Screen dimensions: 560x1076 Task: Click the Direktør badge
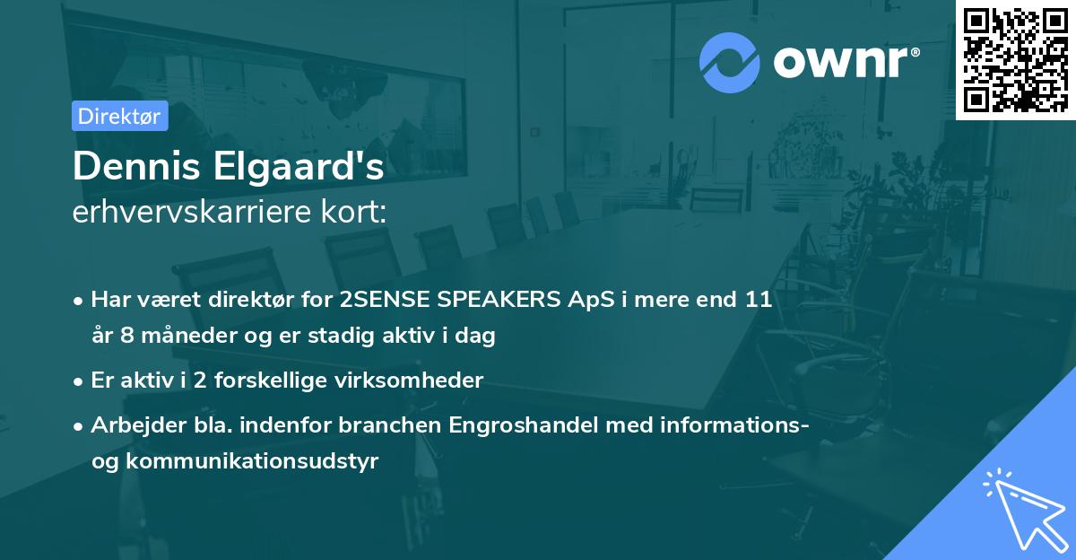[x=119, y=116]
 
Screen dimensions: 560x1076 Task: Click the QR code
[x=1015, y=59]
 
